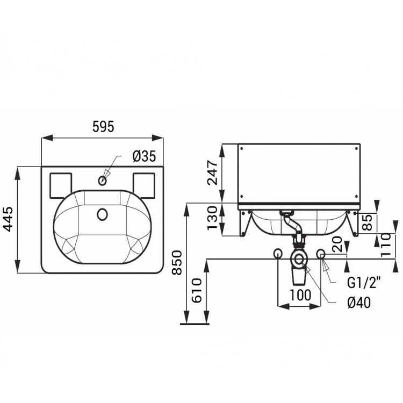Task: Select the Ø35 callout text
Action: pyautogui.click(x=144, y=156)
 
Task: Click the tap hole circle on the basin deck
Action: pyautogui.click(x=103, y=181)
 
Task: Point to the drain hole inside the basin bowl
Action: pyautogui.click(x=103, y=214)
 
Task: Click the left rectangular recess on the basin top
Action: pyautogui.click(x=60, y=185)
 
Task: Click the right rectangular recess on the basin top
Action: pyautogui.click(x=144, y=185)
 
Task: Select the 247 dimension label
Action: pyautogui.click(x=213, y=172)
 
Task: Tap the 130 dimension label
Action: pyautogui.click(x=213, y=218)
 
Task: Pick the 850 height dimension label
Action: pyautogui.click(x=177, y=262)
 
